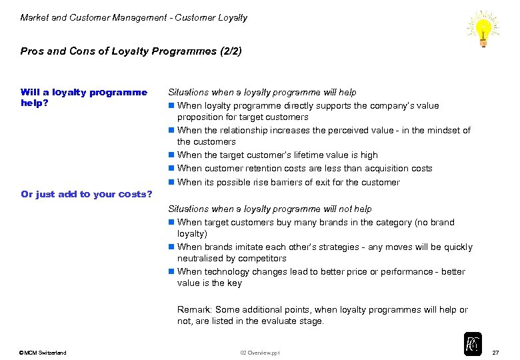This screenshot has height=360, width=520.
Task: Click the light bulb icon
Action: [483, 28]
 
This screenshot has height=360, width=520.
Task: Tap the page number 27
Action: [495, 352]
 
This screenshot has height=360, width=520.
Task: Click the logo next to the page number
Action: [473, 343]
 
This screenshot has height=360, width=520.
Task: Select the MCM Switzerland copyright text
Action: [43, 353]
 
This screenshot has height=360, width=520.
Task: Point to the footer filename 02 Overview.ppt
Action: [261, 353]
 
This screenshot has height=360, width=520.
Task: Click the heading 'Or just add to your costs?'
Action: [87, 194]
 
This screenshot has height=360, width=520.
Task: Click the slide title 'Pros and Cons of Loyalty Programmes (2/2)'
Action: [131, 51]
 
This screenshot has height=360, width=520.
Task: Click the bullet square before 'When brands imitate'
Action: [171, 247]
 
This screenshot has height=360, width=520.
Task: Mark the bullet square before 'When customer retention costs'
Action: [171, 169]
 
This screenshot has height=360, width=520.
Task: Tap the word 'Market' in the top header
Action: [35, 18]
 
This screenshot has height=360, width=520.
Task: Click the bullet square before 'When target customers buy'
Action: [171, 223]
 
